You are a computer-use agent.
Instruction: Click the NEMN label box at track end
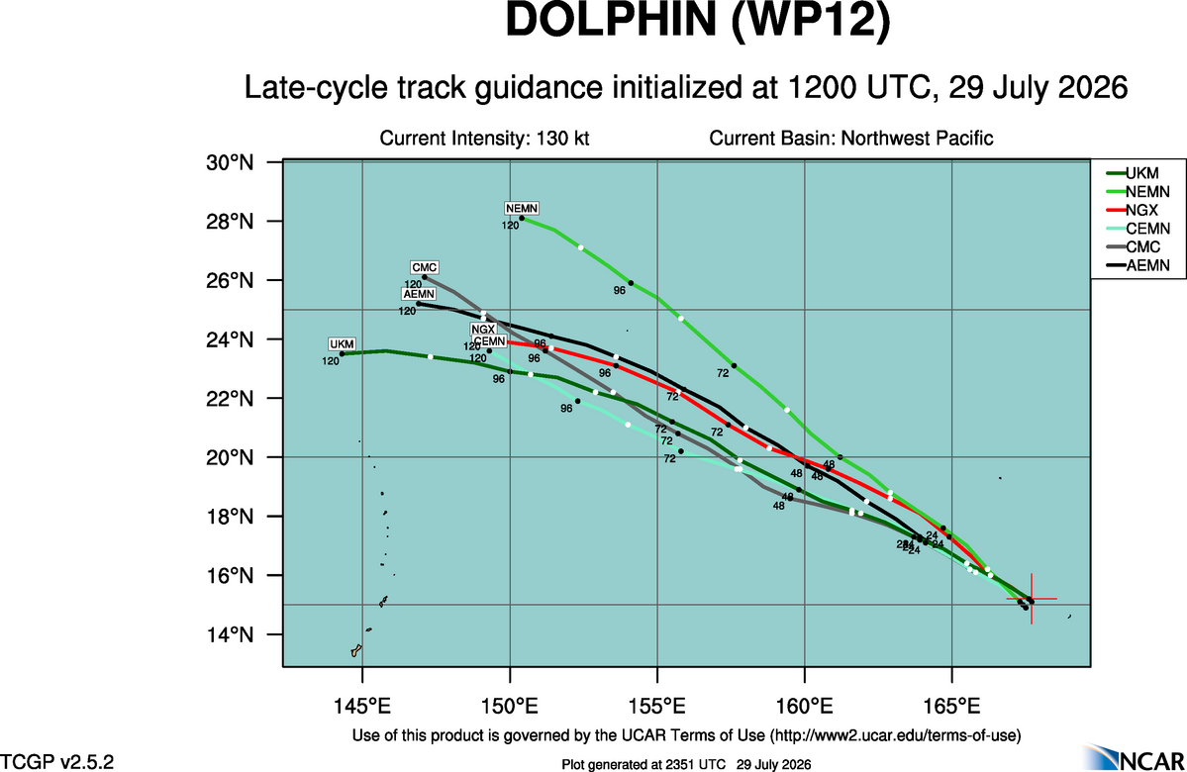click(x=522, y=208)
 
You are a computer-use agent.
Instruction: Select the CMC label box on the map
click(x=424, y=267)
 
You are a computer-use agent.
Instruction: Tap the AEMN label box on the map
click(x=419, y=294)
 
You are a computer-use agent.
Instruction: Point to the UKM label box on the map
click(x=342, y=343)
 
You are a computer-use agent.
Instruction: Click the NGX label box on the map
click(x=483, y=330)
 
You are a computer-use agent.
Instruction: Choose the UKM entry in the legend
click(x=1133, y=173)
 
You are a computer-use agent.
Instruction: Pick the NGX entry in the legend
click(x=1133, y=211)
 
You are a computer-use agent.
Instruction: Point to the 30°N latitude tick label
click(x=230, y=162)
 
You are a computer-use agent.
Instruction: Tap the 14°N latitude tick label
click(x=230, y=634)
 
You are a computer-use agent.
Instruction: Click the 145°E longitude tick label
click(x=362, y=706)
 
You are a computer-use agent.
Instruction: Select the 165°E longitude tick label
click(x=951, y=706)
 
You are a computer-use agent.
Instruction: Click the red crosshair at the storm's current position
click(x=1031, y=600)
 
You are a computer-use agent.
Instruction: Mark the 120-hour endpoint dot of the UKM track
click(x=343, y=353)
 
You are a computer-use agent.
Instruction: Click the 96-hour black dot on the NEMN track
click(x=631, y=283)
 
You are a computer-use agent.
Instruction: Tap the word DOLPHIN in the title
click(x=610, y=20)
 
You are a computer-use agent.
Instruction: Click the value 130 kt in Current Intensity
click(x=562, y=139)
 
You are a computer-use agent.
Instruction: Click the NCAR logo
click(x=1134, y=757)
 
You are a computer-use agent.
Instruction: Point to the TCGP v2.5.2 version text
click(x=56, y=761)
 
